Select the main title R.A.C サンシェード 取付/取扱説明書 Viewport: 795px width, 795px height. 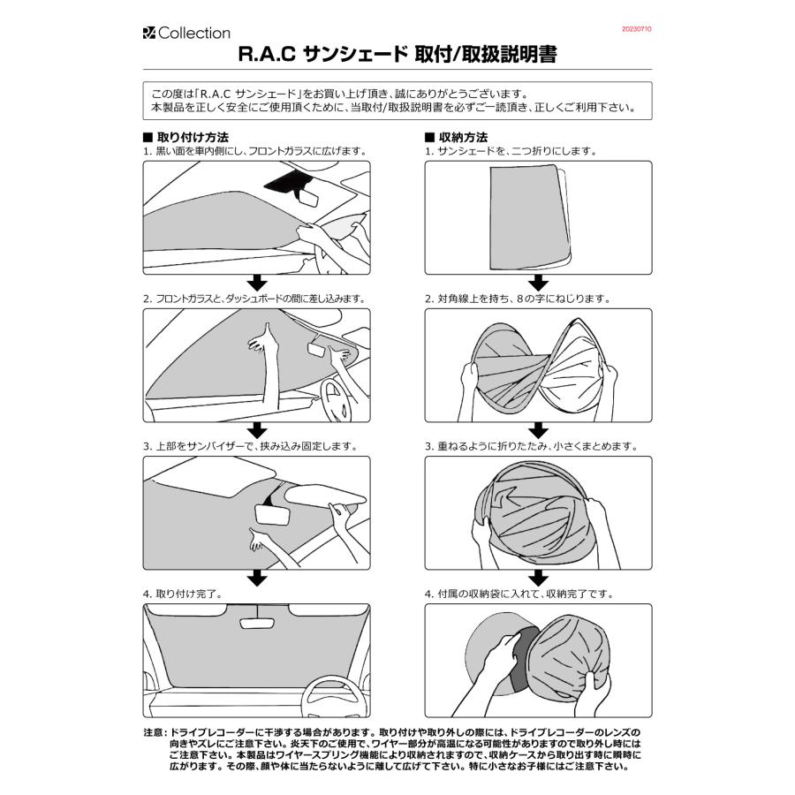[x=397, y=56]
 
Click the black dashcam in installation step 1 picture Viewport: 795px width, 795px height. [x=284, y=183]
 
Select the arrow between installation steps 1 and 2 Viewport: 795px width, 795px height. [x=256, y=283]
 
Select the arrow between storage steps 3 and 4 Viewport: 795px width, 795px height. [x=538, y=578]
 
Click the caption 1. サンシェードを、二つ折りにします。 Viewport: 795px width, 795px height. [x=511, y=151]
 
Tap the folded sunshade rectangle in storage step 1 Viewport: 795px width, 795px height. [x=526, y=216]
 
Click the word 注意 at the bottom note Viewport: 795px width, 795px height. [x=153, y=733]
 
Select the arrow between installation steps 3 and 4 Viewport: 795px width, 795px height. [x=256, y=578]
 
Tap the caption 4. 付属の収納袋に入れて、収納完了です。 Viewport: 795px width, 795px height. [x=531, y=594]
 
